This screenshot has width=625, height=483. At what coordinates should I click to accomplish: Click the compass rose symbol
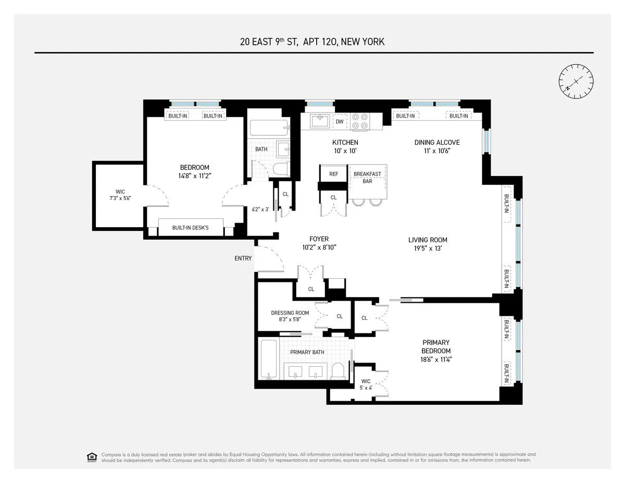[576, 81]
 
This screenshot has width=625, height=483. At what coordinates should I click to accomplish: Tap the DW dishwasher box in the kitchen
[340, 121]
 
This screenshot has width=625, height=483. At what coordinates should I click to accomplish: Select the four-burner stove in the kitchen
[359, 121]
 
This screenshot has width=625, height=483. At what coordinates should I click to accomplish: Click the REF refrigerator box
[334, 174]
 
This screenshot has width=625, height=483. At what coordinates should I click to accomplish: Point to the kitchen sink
[319, 121]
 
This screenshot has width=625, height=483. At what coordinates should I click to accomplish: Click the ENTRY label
[243, 258]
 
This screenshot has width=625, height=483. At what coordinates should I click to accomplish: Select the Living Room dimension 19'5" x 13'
[428, 249]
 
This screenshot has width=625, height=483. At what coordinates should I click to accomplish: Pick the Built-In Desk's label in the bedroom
[190, 228]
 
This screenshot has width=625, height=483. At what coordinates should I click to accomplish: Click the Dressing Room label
[290, 313]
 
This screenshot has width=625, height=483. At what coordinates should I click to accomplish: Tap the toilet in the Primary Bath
[338, 370]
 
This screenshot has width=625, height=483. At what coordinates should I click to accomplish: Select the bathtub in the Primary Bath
[269, 360]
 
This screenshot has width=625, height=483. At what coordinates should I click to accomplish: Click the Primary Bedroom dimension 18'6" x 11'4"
[436, 359]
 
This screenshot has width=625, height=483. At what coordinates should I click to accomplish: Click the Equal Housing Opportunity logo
[92, 457]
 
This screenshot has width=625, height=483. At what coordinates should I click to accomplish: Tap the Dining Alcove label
[436, 142]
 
